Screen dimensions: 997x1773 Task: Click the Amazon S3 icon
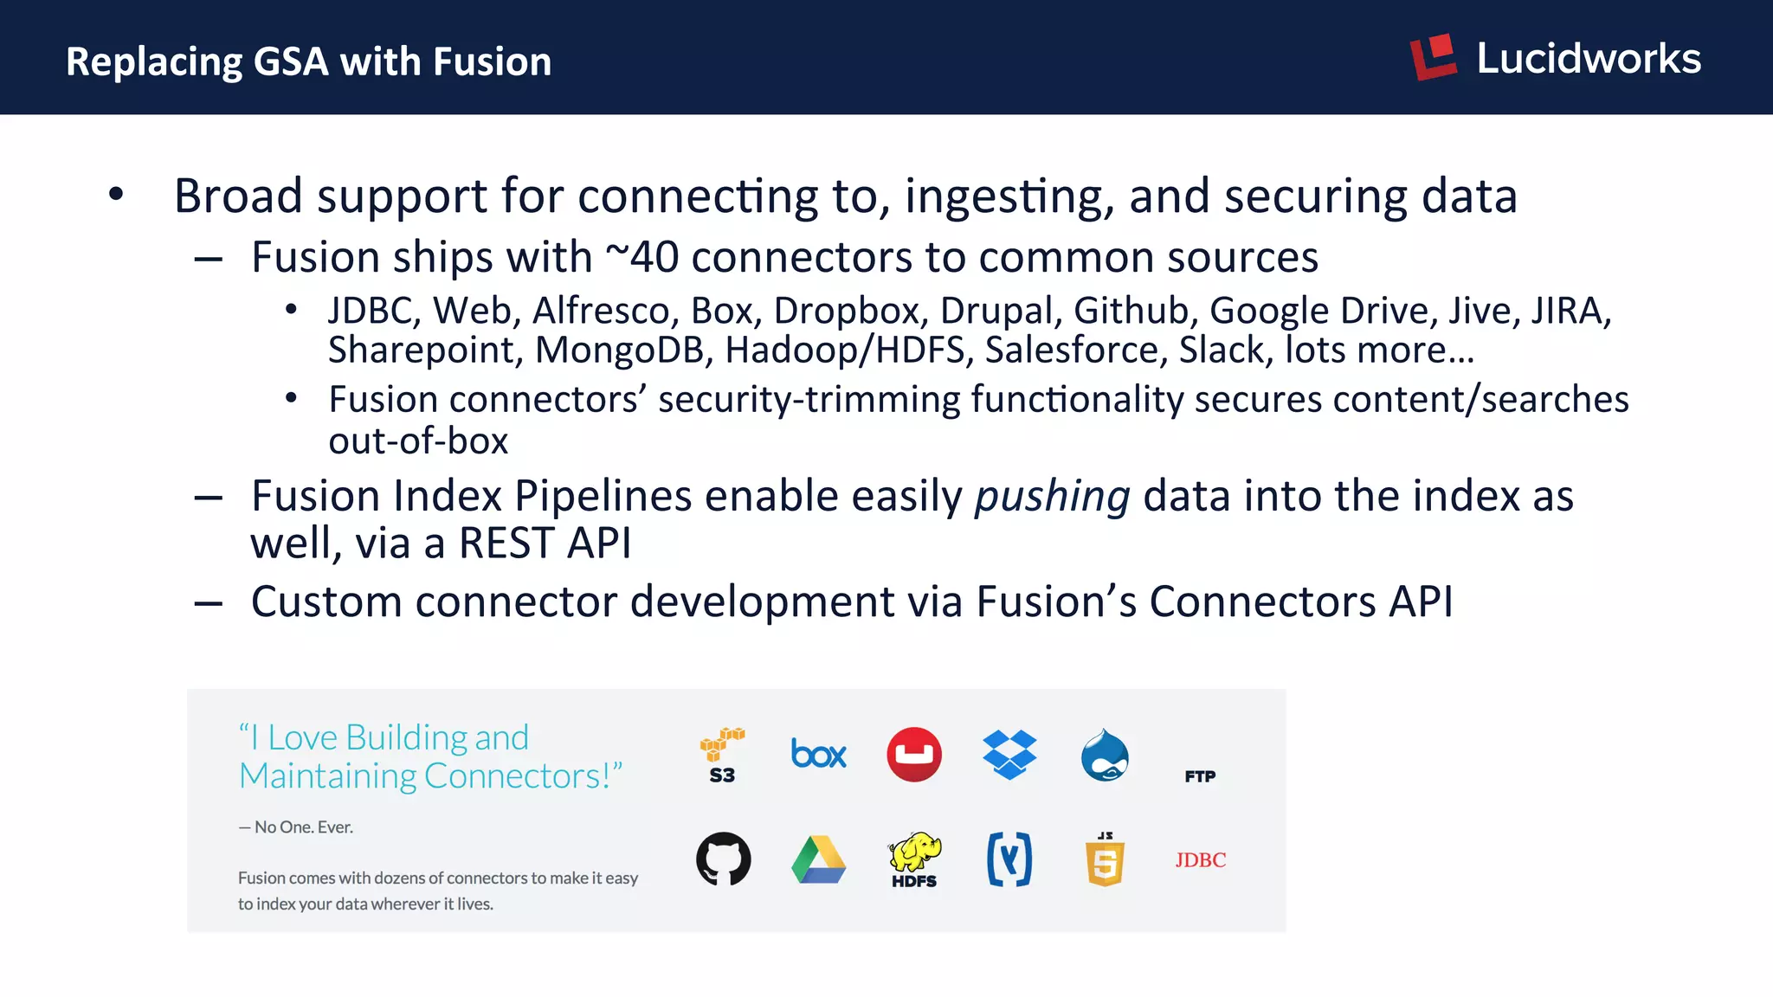click(x=722, y=756)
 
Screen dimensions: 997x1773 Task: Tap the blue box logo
click(x=818, y=755)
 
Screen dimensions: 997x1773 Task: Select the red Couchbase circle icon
click(x=914, y=755)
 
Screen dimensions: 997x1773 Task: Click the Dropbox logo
click(x=1009, y=755)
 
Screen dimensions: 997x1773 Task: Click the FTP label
click(x=1200, y=776)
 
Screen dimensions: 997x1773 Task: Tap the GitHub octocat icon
click(x=724, y=859)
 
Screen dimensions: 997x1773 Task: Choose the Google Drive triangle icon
click(x=818, y=860)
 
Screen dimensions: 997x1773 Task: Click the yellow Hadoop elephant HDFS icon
click(x=914, y=859)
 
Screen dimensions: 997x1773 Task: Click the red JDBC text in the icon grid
click(x=1200, y=860)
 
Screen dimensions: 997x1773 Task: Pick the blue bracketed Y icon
click(x=1009, y=859)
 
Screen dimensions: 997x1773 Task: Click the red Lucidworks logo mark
click(x=1433, y=58)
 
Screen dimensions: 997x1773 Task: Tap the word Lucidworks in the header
click(x=1589, y=59)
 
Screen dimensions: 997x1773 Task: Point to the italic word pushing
click(x=1052, y=497)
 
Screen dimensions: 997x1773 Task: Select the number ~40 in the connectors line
click(x=642, y=258)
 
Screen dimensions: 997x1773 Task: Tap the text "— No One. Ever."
click(x=296, y=827)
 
